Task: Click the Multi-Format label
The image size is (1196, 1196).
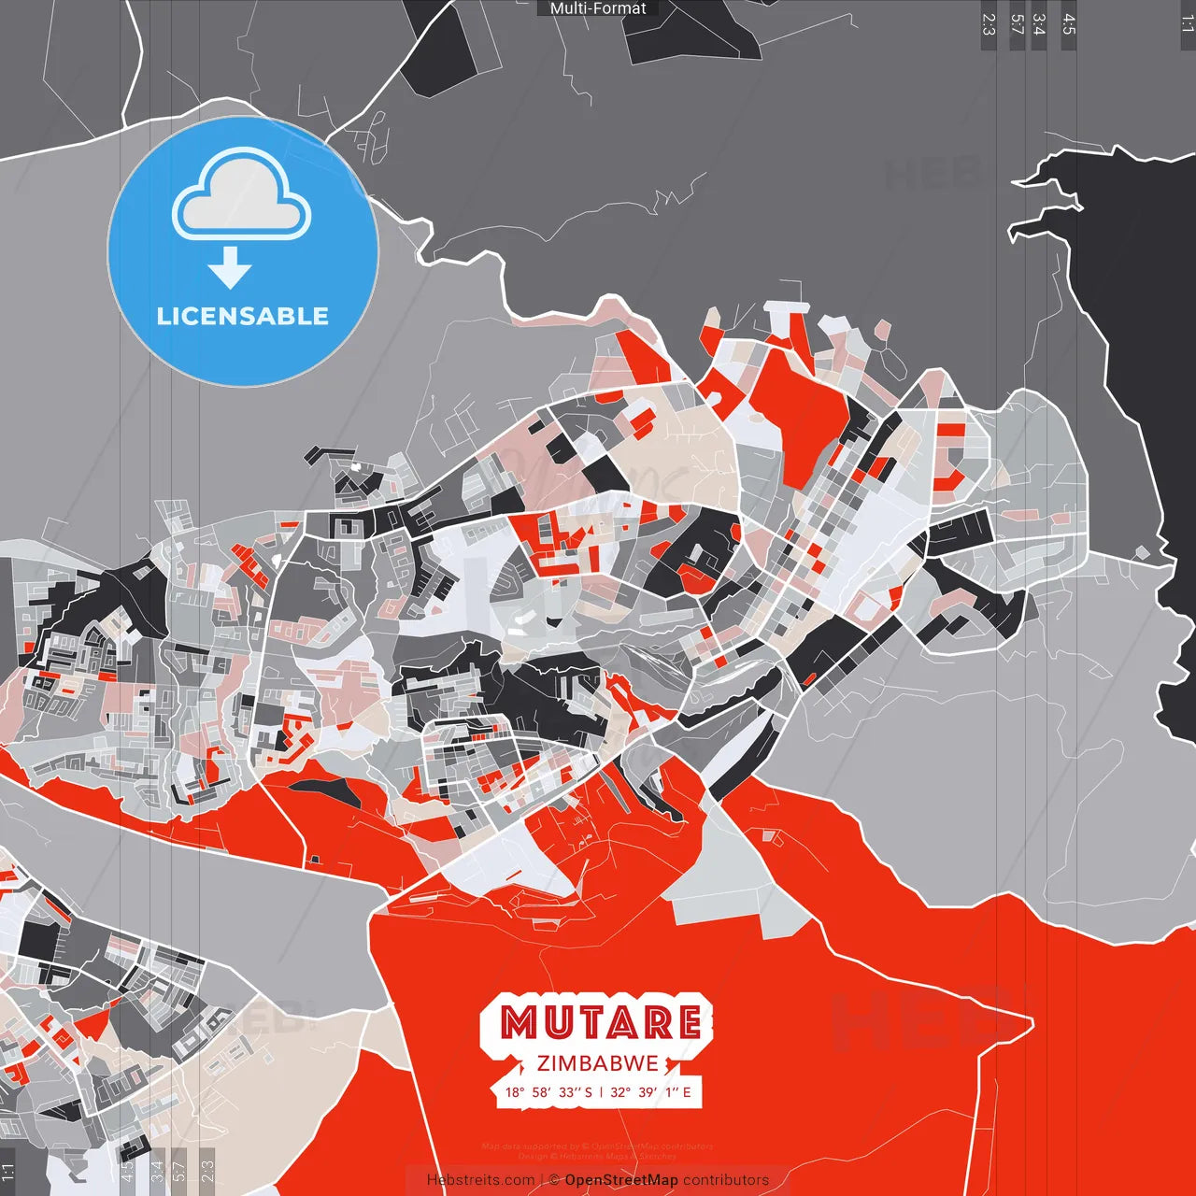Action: pyautogui.click(x=598, y=8)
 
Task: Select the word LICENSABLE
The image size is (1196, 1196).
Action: pyautogui.click(x=243, y=316)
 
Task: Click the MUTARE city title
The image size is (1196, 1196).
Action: pyautogui.click(x=601, y=1023)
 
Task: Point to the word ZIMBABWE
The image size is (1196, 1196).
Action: pyautogui.click(x=598, y=1063)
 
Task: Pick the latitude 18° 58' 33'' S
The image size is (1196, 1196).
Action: pyautogui.click(x=548, y=1092)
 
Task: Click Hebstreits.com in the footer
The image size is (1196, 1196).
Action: pyautogui.click(x=480, y=1180)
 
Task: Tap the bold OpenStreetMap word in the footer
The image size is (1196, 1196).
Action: pyautogui.click(x=621, y=1180)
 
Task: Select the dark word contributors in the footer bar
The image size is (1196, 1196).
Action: pyautogui.click(x=726, y=1180)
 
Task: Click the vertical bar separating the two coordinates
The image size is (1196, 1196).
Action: pyautogui.click(x=601, y=1092)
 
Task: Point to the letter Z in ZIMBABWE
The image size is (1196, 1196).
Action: pyautogui.click(x=543, y=1063)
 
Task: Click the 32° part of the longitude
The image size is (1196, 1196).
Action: pyautogui.click(x=619, y=1092)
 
